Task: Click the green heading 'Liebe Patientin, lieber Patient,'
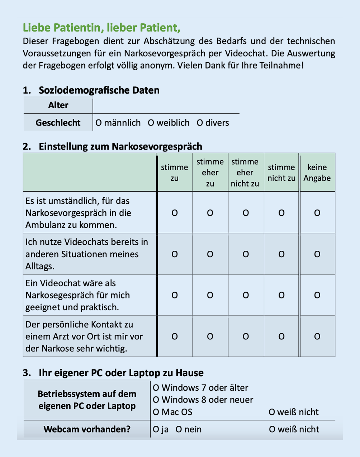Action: coord(101,28)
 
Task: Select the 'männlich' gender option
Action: coord(99,123)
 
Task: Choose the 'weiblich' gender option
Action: coord(151,123)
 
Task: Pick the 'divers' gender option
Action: coord(200,123)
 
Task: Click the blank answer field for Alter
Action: coord(166,105)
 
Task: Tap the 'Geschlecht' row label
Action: coord(58,123)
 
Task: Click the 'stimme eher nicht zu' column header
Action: coord(245,173)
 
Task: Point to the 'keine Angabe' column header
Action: coord(317,173)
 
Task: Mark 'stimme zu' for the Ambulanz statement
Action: coord(175,213)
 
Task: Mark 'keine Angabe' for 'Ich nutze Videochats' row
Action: coord(317,254)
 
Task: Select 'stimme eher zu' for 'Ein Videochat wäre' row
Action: coord(210,295)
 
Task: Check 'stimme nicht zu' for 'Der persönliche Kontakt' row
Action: coord(281,336)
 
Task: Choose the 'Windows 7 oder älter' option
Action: coord(156,388)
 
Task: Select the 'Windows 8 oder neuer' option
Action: coord(156,400)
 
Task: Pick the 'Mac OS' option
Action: coord(156,412)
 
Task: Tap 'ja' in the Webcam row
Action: coord(156,429)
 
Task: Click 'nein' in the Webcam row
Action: coord(179,429)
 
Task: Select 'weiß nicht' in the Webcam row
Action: coord(272,429)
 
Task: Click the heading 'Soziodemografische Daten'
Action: coord(99,90)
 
